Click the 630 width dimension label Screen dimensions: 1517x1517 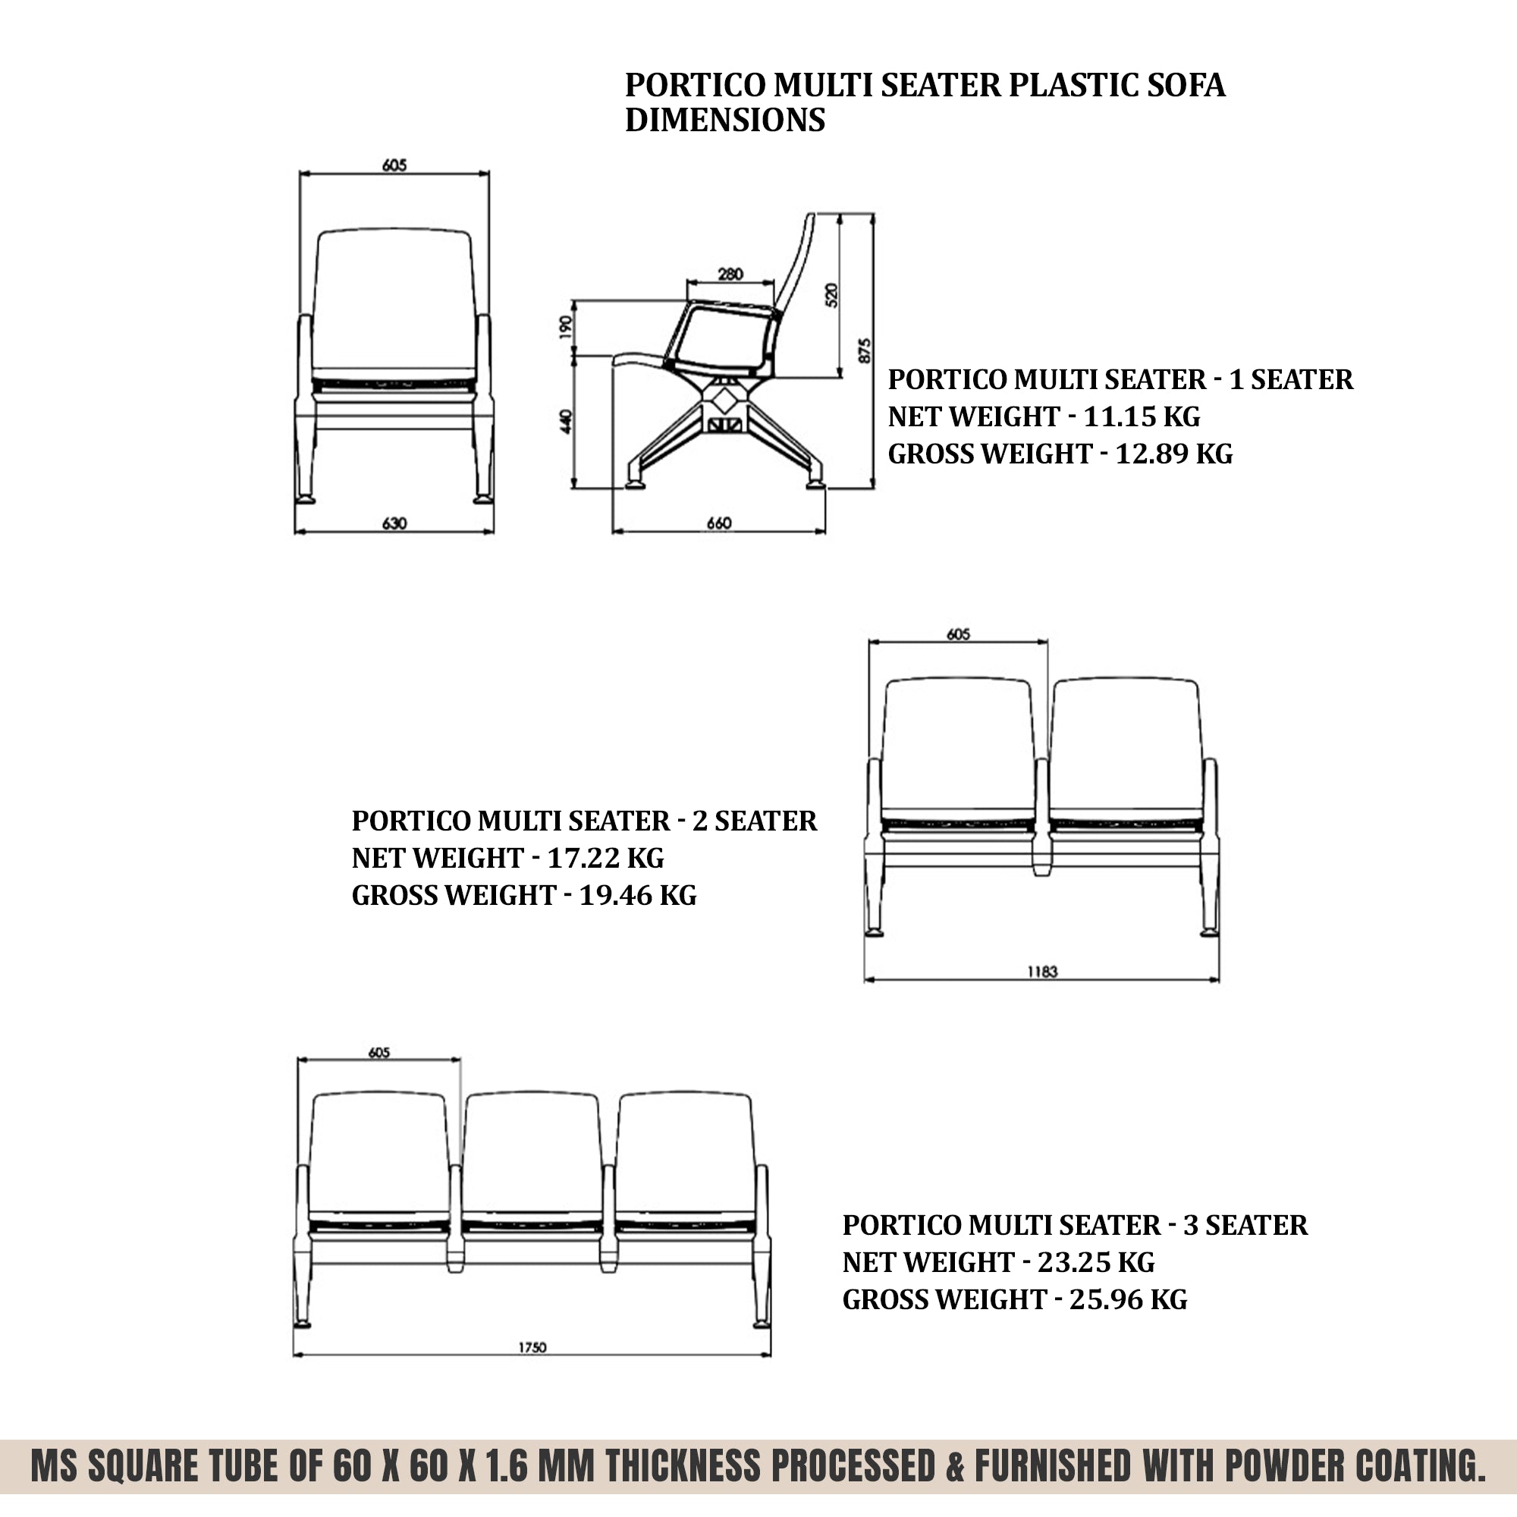click(394, 523)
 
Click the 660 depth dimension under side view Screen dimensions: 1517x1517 click(718, 523)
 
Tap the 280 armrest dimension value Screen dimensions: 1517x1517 click(730, 274)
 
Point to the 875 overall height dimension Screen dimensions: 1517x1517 click(865, 350)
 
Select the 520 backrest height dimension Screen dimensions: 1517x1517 click(832, 294)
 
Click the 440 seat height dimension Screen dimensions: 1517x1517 click(565, 422)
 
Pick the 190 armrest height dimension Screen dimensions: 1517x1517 click(565, 327)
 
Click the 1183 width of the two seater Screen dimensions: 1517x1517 click(1042, 972)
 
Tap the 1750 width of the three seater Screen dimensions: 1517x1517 click(532, 1347)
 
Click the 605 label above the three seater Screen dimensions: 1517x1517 click(378, 1052)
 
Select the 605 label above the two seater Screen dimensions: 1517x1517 click(958, 633)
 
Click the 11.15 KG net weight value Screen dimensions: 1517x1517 click(1141, 416)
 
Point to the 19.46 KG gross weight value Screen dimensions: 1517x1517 click(637, 895)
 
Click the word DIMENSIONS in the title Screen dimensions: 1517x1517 click(724, 120)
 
